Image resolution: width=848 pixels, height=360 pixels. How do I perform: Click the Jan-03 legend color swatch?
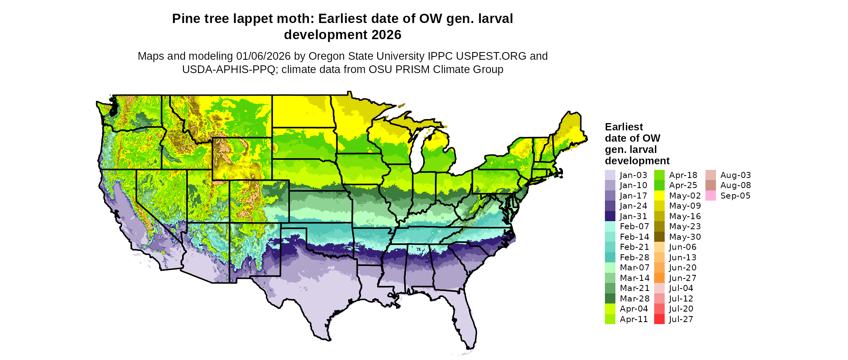click(610, 175)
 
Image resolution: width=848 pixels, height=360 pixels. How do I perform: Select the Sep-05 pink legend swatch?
click(711, 196)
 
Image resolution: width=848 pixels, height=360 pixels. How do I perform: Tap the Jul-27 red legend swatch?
click(659, 319)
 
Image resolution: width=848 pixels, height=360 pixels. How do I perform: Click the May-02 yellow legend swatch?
click(659, 196)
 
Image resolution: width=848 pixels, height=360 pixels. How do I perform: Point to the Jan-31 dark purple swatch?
click(610, 216)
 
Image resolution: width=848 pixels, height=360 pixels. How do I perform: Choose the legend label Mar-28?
click(634, 299)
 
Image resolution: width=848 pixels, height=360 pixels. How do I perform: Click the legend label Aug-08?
click(735, 185)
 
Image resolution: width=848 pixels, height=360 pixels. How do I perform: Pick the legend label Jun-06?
click(682, 247)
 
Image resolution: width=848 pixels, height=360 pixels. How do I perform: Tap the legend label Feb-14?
click(634, 237)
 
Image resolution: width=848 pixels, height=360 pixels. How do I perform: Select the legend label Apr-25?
click(683, 185)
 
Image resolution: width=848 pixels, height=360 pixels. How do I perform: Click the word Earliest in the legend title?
click(623, 127)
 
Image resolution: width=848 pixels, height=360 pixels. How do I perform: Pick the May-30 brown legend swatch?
click(659, 237)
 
